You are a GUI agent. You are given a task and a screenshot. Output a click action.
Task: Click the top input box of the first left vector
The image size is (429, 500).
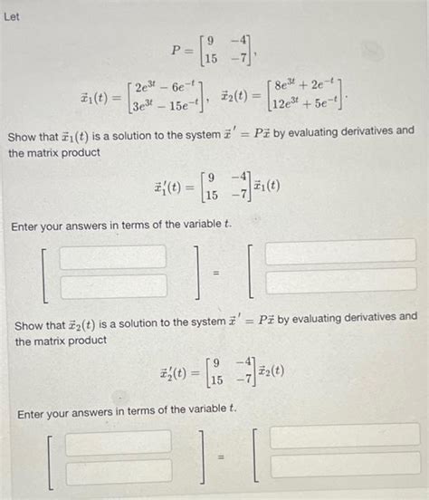pos(113,255)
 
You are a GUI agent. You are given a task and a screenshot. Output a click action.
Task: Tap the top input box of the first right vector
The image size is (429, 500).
pos(340,251)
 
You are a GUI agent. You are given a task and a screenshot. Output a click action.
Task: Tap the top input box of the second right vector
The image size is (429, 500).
pos(344,436)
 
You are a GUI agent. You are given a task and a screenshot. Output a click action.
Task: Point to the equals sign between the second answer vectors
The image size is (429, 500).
pos(219,456)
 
